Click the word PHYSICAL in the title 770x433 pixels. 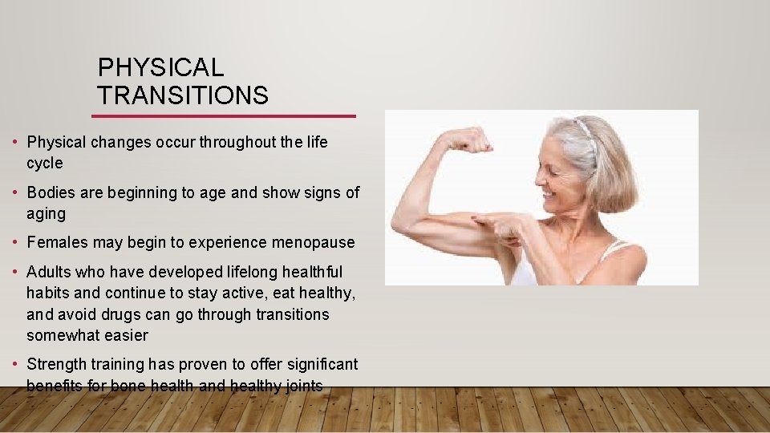point(160,67)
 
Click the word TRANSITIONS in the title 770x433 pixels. point(183,96)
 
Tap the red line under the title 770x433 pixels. point(224,116)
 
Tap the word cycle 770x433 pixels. point(44,163)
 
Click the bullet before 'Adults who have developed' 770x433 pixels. point(16,273)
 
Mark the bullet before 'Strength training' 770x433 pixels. point(16,364)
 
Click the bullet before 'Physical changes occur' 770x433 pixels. point(16,143)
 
